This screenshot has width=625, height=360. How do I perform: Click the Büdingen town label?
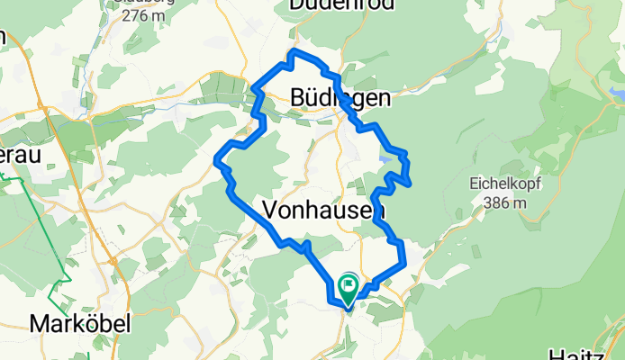click(x=340, y=97)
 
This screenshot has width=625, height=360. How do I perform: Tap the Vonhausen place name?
click(x=324, y=210)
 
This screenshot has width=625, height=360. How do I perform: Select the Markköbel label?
click(x=82, y=323)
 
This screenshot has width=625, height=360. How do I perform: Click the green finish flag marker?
click(x=349, y=287)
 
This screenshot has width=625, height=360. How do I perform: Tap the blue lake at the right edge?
click(x=617, y=92)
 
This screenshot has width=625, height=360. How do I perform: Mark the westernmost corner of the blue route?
click(x=216, y=162)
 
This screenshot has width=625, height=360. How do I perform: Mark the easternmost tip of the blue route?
click(x=412, y=184)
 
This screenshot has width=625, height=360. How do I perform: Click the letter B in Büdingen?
click(x=299, y=97)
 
